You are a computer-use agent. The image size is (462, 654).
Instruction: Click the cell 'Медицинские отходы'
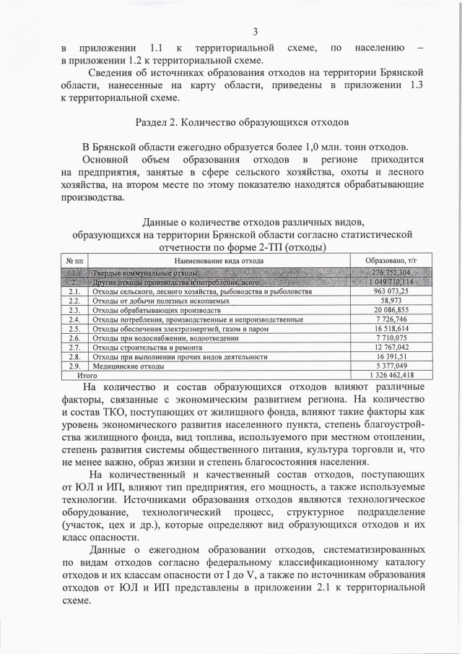(x=123, y=366)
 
